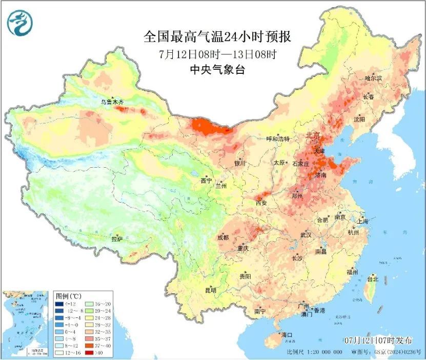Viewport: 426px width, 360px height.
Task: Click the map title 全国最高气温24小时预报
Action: pyautogui.click(x=218, y=37)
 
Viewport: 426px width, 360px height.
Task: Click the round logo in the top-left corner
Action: pyautogui.click(x=19, y=22)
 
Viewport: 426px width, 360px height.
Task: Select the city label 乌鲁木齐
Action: pyautogui.click(x=112, y=102)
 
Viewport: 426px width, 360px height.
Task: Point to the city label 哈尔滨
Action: pyautogui.click(x=374, y=78)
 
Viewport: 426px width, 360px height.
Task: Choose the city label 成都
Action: pyautogui.click(x=223, y=237)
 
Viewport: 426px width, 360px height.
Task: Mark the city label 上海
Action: pyautogui.click(x=363, y=222)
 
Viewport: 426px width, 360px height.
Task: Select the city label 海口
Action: pyautogui.click(x=287, y=335)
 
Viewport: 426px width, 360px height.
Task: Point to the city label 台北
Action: pyautogui.click(x=372, y=279)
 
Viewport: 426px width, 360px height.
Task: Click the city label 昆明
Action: pyautogui.click(x=211, y=290)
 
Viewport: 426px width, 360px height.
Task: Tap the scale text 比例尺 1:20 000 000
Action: pyautogui.click(x=314, y=353)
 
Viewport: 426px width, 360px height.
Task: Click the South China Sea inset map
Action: pyautogui.click(x=26, y=324)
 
